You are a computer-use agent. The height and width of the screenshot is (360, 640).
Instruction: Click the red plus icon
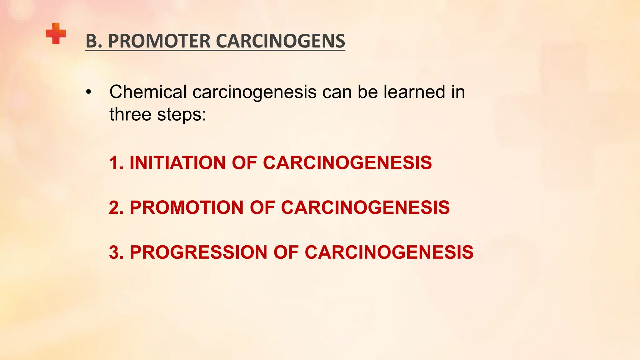pos(56,33)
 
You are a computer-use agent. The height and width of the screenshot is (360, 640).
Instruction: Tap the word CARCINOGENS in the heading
pos(280,41)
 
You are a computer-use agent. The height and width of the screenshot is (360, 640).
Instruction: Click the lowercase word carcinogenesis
pos(254,93)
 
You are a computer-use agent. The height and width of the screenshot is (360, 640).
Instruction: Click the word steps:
pos(182,115)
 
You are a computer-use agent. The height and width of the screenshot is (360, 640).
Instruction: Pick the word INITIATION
pos(177,163)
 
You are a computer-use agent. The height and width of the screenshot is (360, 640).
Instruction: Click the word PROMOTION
pos(187,207)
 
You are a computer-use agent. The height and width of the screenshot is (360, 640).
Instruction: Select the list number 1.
pos(115,163)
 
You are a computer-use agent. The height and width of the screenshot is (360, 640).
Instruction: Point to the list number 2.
pos(116,207)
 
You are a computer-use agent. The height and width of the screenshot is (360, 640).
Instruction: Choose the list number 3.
pos(116,252)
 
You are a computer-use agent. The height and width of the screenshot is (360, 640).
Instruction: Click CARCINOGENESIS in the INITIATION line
pos(347,163)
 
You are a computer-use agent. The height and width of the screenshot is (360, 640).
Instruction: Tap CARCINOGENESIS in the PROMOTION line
pos(365,207)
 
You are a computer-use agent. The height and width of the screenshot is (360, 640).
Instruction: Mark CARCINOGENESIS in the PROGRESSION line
pos(389,252)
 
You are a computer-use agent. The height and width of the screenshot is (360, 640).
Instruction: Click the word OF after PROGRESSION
pos(286,252)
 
